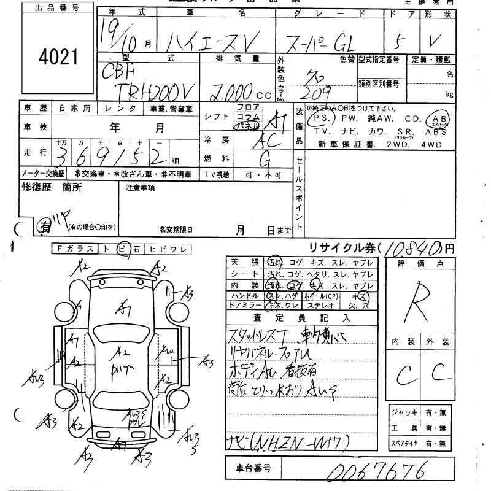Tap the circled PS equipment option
pyautogui.click(x=319, y=118)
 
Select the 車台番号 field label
pyautogui.click(x=250, y=469)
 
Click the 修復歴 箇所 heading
pyautogui.click(x=52, y=188)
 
